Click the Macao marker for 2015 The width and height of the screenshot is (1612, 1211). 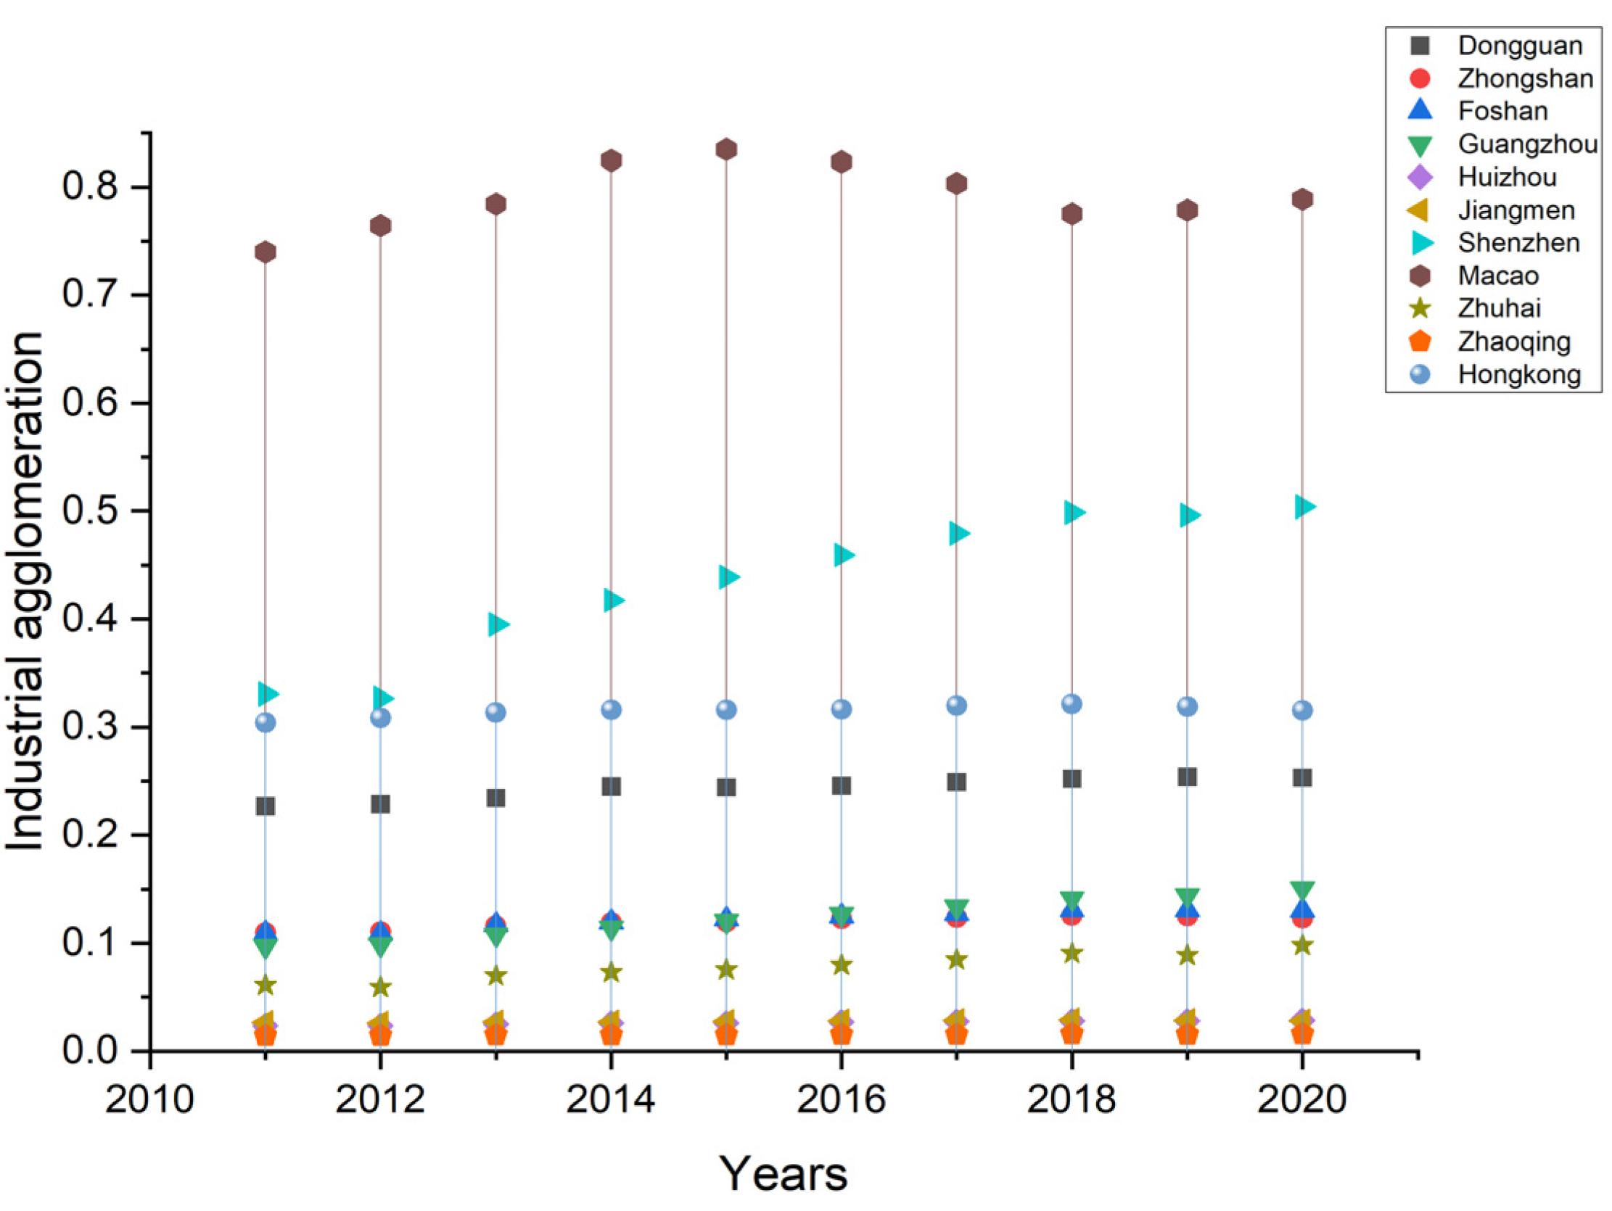coord(726,149)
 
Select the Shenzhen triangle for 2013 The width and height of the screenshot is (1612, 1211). coord(498,624)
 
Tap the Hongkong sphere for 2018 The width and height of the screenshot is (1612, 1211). coord(1072,704)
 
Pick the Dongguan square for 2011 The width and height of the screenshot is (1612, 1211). coord(266,806)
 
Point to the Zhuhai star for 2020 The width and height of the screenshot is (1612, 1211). coord(1302,946)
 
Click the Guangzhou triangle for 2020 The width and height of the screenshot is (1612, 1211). coord(1302,890)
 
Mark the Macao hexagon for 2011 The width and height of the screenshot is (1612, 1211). coord(266,252)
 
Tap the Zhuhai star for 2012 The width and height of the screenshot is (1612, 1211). coord(380,988)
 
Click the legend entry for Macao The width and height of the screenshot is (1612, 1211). coord(1497,276)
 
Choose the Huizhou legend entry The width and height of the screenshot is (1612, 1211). coord(1506,177)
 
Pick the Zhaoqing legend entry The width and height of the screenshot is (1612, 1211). coord(1513,341)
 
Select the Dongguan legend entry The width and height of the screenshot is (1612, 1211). coord(1519,46)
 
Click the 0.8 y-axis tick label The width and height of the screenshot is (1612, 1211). coord(91,187)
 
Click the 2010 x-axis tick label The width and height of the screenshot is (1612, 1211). coord(149,1099)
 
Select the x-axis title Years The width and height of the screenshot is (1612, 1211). coord(784,1173)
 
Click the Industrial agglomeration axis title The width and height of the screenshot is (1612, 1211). coord(25,590)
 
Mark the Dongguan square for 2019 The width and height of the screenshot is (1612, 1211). coord(1187,777)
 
